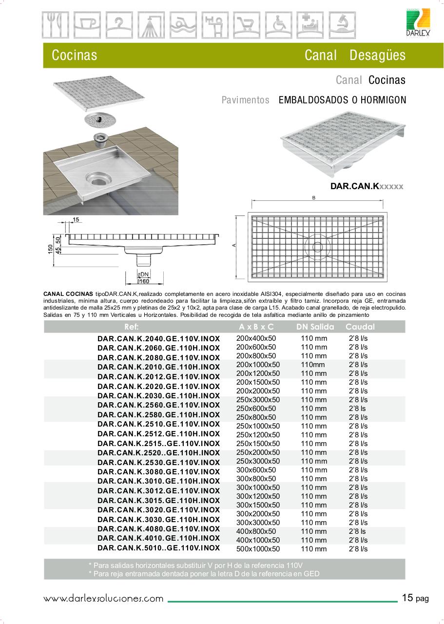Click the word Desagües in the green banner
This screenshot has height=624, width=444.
[377, 55]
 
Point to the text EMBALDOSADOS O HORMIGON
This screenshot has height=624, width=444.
[342, 100]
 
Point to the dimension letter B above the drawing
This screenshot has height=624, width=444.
[314, 197]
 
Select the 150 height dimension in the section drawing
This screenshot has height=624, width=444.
[50, 249]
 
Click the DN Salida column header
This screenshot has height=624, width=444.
[315, 327]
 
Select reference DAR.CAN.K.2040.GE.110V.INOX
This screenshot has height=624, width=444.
[158, 338]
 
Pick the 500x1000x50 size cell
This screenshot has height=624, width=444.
[258, 549]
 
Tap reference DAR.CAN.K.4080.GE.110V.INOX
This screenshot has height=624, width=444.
[158, 528]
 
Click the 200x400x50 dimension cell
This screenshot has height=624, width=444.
[256, 338]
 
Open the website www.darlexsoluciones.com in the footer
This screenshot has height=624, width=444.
[103, 598]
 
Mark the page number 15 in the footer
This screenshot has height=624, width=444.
[407, 598]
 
